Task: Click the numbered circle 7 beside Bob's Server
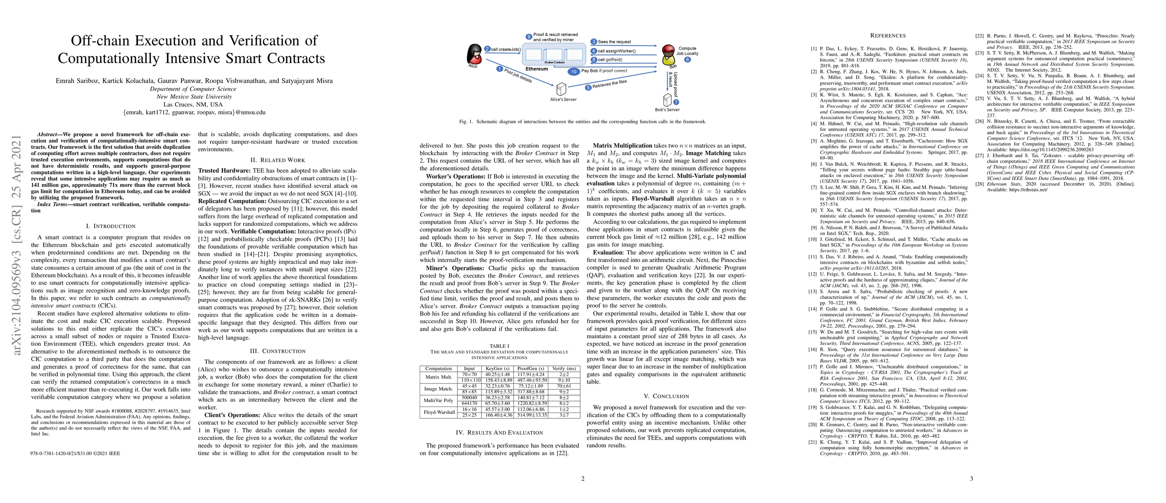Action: (676, 102)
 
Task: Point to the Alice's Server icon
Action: (561, 89)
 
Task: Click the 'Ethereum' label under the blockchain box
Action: (536, 69)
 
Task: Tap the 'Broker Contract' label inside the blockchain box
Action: (554, 62)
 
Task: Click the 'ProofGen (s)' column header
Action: (530, 368)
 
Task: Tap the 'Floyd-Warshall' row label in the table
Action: (439, 412)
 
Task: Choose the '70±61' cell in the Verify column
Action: (564, 386)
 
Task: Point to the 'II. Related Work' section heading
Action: (278, 160)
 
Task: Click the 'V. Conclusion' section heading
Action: (666, 396)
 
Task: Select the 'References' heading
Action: (888, 36)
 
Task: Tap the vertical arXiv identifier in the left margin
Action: (17, 245)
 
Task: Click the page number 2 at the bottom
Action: (582, 479)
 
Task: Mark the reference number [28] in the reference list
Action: (979, 184)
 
